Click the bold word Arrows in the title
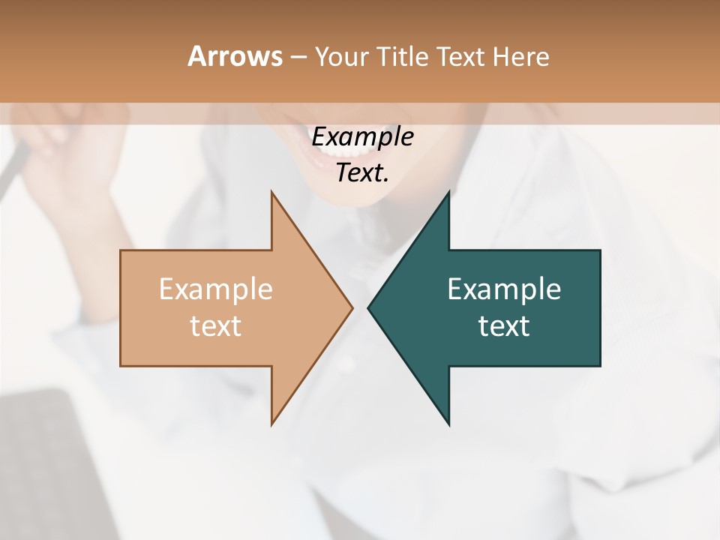(235, 56)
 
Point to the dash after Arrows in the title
(298, 57)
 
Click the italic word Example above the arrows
(362, 137)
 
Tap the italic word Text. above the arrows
(362, 173)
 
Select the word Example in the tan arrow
(216, 289)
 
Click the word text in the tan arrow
(216, 326)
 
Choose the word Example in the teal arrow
(504, 289)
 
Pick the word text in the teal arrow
(504, 326)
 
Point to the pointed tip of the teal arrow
(369, 307)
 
